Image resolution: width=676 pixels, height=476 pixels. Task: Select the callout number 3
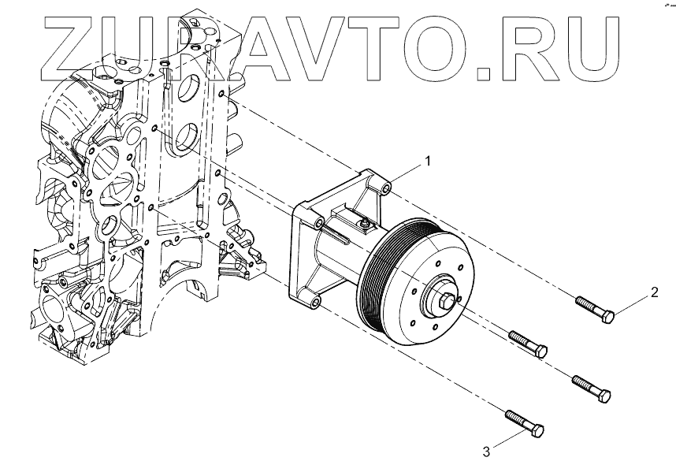(486, 451)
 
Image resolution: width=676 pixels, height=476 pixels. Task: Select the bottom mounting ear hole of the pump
(315, 303)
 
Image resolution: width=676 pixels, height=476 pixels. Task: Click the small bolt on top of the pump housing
(364, 226)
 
